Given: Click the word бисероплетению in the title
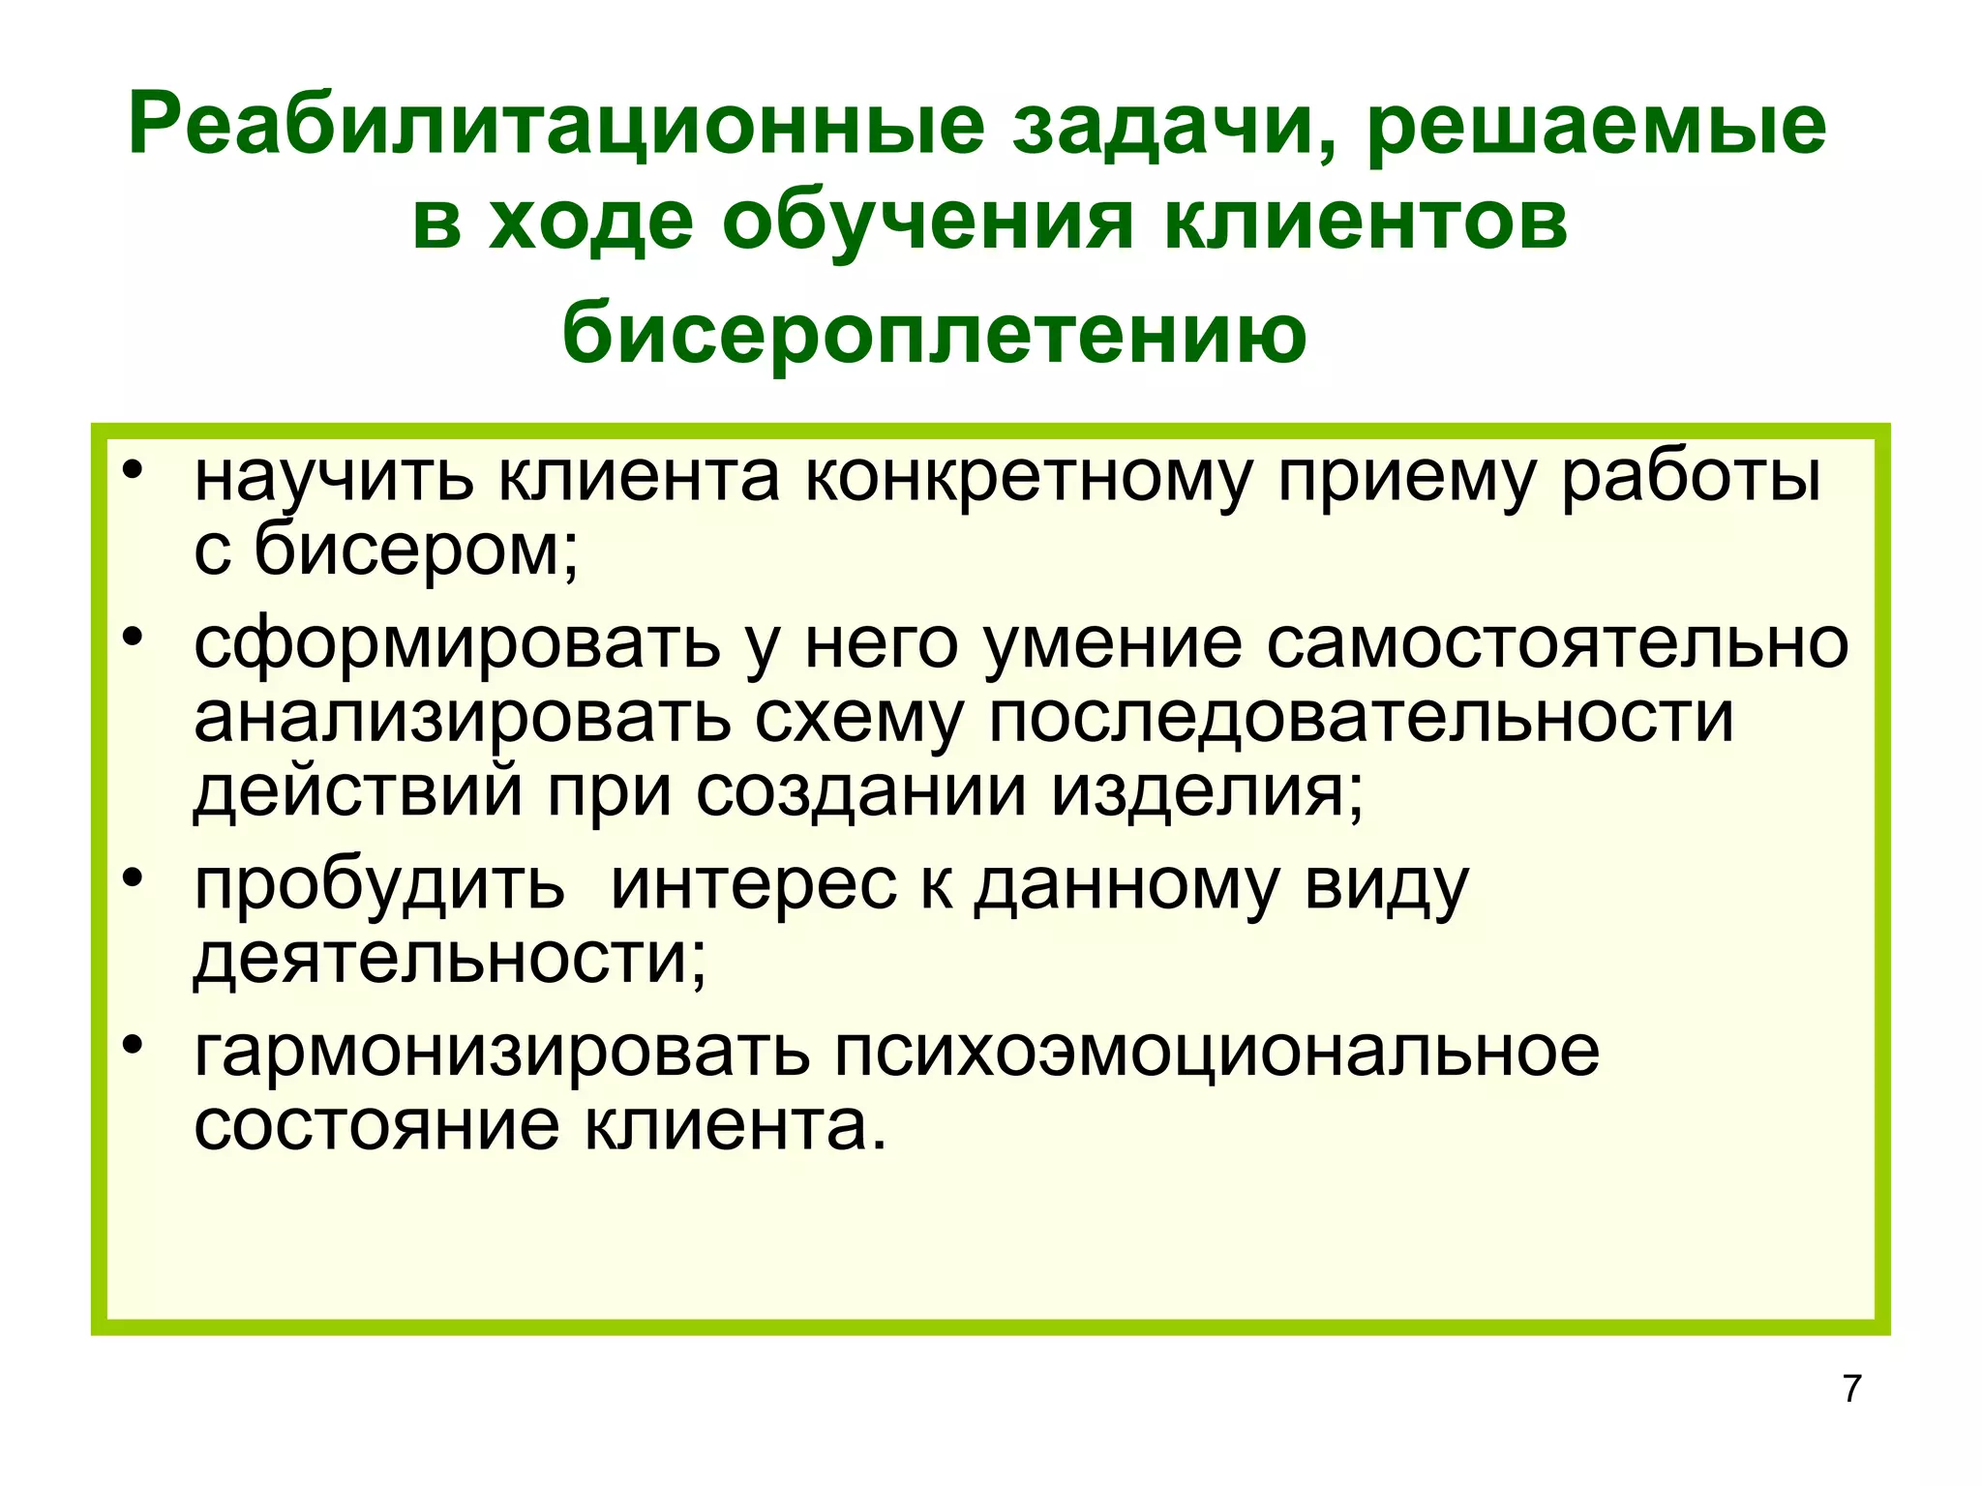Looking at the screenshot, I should (x=934, y=335).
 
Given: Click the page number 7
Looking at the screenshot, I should (x=1851, y=1388).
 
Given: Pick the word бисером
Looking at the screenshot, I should (x=416, y=550).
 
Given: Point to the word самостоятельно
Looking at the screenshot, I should (x=1557, y=643).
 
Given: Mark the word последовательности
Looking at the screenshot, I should (x=1361, y=718).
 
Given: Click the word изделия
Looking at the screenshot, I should (x=1209, y=791).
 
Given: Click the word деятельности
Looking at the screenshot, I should (x=450, y=958).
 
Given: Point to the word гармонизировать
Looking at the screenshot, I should (x=501, y=1053).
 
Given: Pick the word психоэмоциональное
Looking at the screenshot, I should (x=1216, y=1052).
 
